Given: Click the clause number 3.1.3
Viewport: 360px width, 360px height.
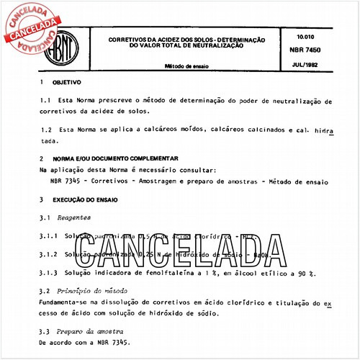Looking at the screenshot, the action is click(x=50, y=272).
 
